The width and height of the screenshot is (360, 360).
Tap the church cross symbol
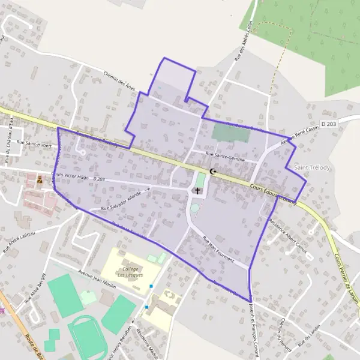point(198,190)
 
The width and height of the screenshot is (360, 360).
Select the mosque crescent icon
point(212,172)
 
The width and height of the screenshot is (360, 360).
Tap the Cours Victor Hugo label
point(71,176)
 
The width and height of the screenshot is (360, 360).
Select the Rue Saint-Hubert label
point(35,143)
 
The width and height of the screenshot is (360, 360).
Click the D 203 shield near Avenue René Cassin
point(329,124)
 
